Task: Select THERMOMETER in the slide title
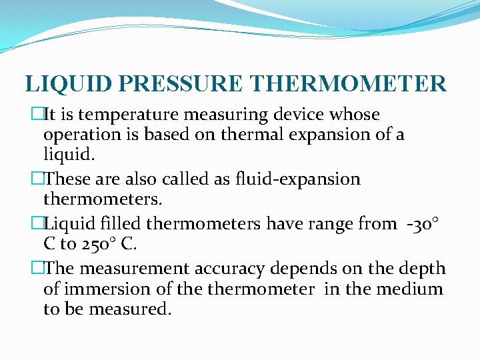(349, 84)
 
